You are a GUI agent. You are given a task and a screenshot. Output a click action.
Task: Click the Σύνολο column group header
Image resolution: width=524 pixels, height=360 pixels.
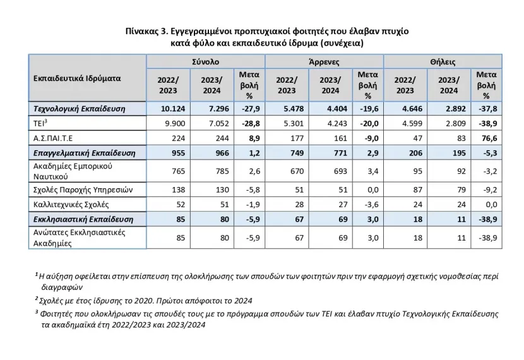point(206,62)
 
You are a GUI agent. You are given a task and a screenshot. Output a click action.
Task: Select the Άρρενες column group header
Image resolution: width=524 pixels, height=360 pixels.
point(324,62)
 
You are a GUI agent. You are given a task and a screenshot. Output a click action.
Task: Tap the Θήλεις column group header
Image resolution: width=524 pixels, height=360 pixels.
point(443,62)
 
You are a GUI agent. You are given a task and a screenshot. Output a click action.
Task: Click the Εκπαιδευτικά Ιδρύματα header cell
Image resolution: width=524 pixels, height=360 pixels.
point(77,78)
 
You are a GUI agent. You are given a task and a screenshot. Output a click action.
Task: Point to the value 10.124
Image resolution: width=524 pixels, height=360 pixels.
point(173,109)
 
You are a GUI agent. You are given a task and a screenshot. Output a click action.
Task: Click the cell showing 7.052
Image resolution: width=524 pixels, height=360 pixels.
point(219,123)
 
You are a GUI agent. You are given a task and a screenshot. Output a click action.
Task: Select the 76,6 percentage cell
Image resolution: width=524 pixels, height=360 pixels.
point(490,138)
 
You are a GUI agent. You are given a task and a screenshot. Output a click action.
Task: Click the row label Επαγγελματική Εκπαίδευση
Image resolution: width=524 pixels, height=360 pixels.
point(84,153)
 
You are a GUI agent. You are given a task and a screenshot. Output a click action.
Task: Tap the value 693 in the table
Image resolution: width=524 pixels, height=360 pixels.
point(340,171)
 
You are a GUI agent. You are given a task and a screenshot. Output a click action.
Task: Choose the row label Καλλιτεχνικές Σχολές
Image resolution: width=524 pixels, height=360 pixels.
point(71,204)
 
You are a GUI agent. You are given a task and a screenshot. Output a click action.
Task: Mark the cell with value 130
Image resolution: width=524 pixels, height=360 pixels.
point(222,190)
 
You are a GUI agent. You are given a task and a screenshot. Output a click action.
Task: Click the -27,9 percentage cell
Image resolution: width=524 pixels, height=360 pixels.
point(251,109)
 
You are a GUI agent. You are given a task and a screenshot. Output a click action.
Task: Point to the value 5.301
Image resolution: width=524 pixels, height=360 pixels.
point(294,123)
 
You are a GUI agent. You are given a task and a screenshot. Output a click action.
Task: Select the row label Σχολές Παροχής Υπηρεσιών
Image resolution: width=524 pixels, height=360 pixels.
point(83,190)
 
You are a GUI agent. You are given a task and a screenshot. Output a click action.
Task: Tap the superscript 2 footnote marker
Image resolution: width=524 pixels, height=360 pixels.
point(36,298)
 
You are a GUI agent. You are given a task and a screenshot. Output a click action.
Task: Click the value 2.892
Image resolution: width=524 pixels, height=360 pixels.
point(455,109)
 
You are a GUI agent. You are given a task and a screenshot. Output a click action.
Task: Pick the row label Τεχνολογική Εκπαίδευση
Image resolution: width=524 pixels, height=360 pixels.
point(79,109)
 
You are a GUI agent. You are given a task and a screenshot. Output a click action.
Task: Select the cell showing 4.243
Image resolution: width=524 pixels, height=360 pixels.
point(337,123)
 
